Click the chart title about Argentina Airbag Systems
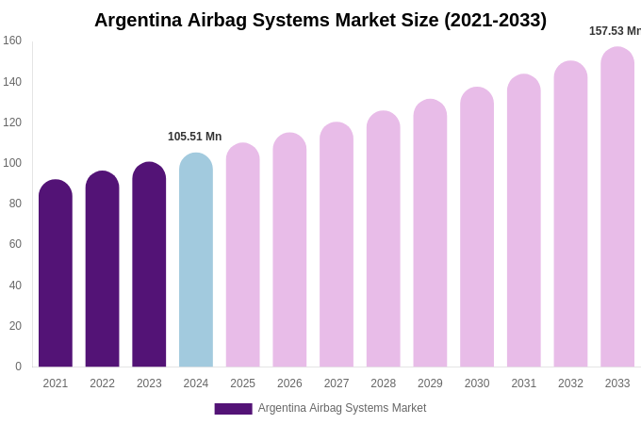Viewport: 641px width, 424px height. point(320,20)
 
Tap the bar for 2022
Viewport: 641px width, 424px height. point(102,269)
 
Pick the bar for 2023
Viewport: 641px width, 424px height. point(149,265)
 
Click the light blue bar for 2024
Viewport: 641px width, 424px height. point(196,260)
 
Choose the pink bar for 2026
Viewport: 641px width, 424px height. point(289,250)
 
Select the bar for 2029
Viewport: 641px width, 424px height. point(430,233)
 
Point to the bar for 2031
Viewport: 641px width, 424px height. point(523,220)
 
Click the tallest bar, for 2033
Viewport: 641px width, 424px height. point(617,207)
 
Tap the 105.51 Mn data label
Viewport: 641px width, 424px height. point(195,137)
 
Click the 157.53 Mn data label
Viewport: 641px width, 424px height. point(615,31)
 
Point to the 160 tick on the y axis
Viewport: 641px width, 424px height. point(12,41)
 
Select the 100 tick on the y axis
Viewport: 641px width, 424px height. point(12,163)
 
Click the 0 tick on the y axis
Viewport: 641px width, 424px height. point(18,367)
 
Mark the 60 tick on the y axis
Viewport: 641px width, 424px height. point(15,244)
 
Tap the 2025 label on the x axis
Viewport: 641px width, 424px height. point(242,383)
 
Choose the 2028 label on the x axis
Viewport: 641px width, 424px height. point(383,383)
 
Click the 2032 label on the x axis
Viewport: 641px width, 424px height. point(570,383)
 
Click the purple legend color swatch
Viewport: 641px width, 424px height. point(233,409)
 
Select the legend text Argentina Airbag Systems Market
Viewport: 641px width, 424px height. point(342,408)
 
